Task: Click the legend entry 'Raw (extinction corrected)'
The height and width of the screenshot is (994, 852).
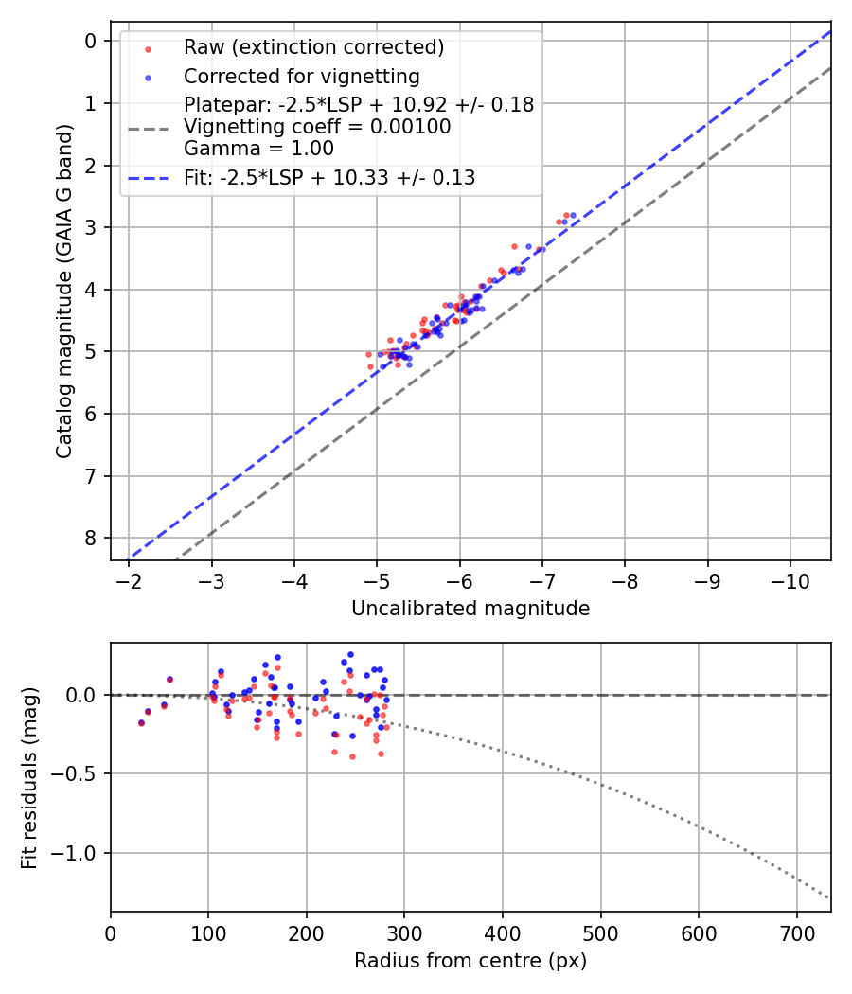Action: click(x=313, y=47)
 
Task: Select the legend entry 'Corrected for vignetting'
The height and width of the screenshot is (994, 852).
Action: click(x=302, y=76)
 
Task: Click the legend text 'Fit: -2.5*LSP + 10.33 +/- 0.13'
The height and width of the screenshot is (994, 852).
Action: click(x=329, y=177)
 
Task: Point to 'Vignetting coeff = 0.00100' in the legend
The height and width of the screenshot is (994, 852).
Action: click(x=317, y=127)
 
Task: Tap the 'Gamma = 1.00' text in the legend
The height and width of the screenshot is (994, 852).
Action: click(x=258, y=148)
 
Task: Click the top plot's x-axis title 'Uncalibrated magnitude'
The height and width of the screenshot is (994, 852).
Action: click(x=470, y=609)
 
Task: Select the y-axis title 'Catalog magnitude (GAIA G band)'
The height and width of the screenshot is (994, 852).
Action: click(x=63, y=292)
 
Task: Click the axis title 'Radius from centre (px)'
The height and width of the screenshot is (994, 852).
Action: click(x=470, y=961)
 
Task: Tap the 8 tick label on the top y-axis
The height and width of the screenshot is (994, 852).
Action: click(x=91, y=538)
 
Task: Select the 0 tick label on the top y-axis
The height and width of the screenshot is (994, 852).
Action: click(x=91, y=41)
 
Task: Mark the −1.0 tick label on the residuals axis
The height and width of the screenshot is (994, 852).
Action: click(x=80, y=853)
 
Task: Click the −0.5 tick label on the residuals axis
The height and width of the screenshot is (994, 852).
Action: click(x=80, y=774)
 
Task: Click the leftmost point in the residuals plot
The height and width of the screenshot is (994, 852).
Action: click(x=141, y=722)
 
